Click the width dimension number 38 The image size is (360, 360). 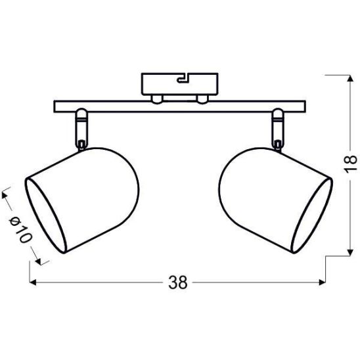coord(178,282)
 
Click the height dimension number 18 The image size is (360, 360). coord(351,163)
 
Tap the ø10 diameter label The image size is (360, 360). coord(20,230)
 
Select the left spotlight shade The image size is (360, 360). coord(81,200)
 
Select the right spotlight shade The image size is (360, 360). coord(276,200)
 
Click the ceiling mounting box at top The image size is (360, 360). coord(179,84)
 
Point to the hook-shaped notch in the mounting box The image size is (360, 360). coord(183,78)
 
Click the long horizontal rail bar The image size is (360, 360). coord(179,106)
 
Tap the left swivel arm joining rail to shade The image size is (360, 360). coord(81,129)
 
